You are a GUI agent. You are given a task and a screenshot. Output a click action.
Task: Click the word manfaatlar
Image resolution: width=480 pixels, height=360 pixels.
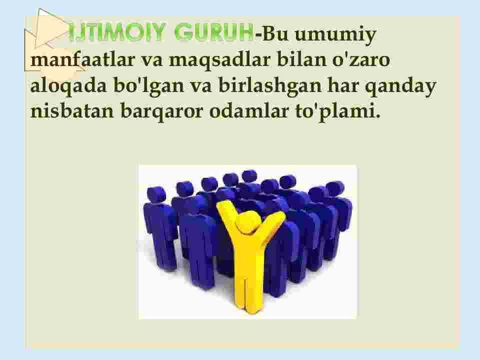pos(82,59)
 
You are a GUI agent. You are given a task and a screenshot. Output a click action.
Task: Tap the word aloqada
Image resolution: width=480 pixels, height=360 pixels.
pos(68,85)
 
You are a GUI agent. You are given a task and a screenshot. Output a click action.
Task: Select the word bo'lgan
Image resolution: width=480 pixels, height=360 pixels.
pos(149,86)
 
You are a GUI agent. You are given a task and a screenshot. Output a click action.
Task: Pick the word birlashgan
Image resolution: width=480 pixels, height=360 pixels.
pos(269,86)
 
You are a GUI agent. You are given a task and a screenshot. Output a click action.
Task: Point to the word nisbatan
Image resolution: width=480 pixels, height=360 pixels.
pos(72,110)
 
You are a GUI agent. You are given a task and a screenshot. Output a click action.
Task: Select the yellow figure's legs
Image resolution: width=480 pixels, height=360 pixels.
pos(249,286)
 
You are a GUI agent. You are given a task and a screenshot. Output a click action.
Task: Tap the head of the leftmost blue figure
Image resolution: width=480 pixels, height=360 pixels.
pos(156,194)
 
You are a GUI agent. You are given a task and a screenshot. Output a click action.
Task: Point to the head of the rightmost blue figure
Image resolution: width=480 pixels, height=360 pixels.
pos(335,188)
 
